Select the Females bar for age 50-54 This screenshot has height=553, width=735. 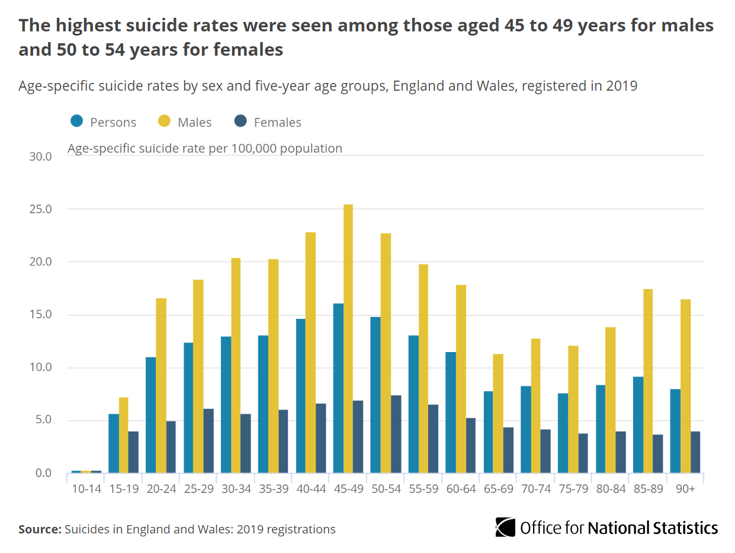396,434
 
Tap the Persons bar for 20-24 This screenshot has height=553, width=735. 150,415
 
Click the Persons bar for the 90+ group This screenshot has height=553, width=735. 675,431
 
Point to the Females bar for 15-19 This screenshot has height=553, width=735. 133,452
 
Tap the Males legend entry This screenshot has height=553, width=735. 194,122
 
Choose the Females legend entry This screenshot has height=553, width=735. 277,122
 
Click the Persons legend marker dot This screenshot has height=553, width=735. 76,122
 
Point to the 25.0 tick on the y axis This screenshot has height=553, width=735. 40,209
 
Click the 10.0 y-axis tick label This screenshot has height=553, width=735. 40,367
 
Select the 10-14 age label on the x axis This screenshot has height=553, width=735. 86,490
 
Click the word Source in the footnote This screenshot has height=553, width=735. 39,529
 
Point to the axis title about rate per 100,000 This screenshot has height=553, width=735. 205,148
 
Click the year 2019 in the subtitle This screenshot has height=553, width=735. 621,86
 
